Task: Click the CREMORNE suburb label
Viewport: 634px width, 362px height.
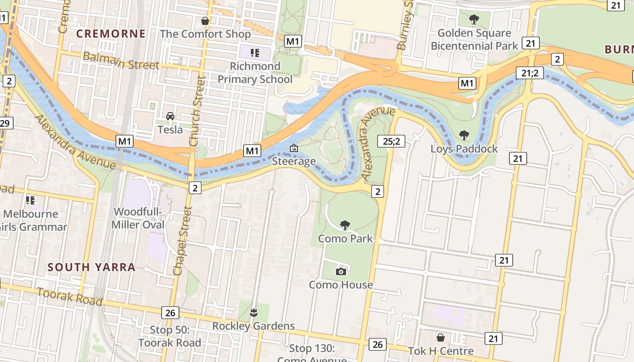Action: tap(110, 34)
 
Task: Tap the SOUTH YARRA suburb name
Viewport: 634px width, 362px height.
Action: tap(91, 267)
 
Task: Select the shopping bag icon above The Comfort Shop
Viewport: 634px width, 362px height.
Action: tap(205, 21)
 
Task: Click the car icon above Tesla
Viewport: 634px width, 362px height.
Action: tap(170, 116)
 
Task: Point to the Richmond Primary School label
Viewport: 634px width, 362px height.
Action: tap(255, 73)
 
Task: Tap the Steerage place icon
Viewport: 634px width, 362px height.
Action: tap(294, 148)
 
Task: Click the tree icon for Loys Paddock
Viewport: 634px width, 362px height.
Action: tap(464, 135)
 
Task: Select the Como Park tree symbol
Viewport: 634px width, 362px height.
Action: tap(345, 225)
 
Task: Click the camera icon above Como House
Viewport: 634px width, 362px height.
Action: tap(341, 271)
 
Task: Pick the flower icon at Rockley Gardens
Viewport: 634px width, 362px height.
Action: tap(254, 312)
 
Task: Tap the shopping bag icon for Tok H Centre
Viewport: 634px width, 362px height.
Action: tap(441, 338)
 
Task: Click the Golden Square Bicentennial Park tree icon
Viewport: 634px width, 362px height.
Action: tap(474, 19)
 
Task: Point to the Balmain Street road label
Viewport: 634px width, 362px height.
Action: tap(121, 61)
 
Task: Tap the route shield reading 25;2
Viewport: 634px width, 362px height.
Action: tap(391, 141)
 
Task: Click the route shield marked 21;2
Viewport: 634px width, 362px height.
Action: tap(529, 72)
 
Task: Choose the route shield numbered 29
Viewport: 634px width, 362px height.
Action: tap(5, 123)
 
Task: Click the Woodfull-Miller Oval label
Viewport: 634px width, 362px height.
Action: tap(138, 218)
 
